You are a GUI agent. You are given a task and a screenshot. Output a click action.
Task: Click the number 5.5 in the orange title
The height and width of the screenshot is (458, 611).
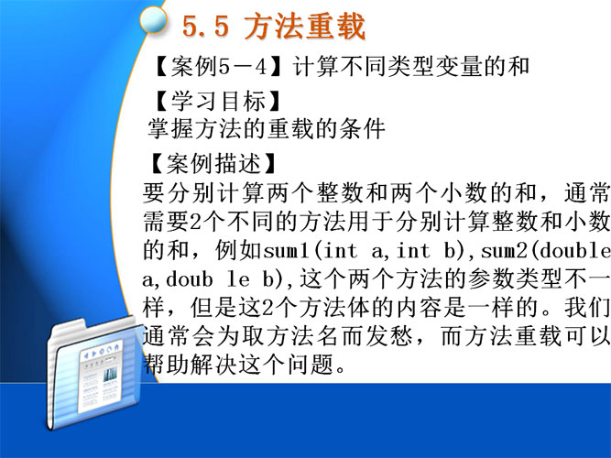pyautogui.click(x=205, y=27)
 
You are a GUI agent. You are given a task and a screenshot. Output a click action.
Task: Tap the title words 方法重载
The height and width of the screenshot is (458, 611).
pyautogui.click(x=305, y=27)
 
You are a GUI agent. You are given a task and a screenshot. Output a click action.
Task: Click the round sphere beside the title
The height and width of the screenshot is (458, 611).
pyautogui.click(x=153, y=20)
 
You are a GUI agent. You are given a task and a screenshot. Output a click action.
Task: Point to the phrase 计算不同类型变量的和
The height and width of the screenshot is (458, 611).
pyautogui.click(x=411, y=66)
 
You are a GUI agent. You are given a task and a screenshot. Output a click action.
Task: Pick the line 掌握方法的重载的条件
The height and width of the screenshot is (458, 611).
pyautogui.click(x=267, y=128)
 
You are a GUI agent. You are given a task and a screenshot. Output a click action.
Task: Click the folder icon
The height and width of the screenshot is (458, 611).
pyautogui.click(x=93, y=372)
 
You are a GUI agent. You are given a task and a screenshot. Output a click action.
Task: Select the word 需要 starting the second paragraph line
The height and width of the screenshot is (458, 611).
pyautogui.click(x=166, y=222)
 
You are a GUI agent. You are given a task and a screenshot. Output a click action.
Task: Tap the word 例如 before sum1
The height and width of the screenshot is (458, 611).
pyautogui.click(x=238, y=251)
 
